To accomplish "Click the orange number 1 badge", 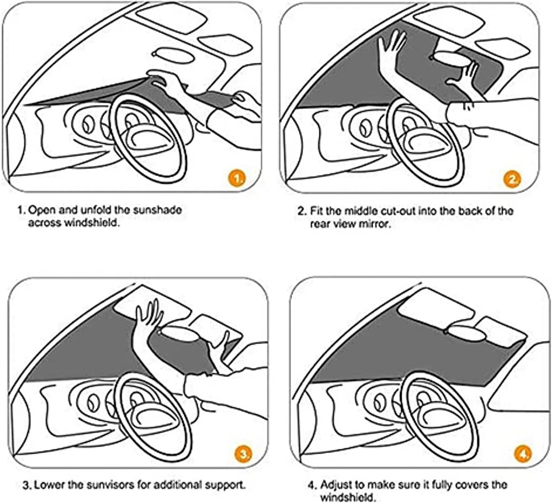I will (237, 178).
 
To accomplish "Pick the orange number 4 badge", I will (523, 454).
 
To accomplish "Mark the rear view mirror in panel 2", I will (449, 57).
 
